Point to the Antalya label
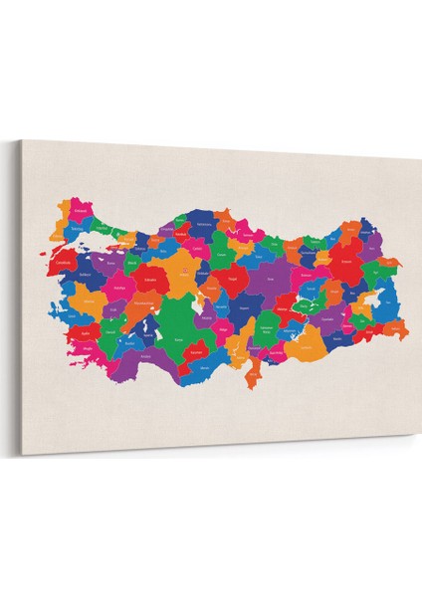[x=146, y=355]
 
